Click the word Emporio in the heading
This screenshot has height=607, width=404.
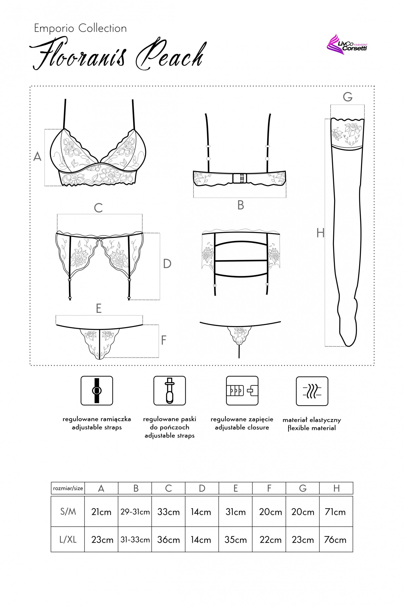pos(54,28)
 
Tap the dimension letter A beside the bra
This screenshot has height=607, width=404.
pos(37,157)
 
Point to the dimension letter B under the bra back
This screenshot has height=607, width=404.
pos(240,205)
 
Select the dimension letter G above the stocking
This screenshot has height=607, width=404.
pos(348,97)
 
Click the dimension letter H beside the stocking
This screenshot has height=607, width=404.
pos(320,233)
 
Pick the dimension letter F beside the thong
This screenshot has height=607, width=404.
pos(163,340)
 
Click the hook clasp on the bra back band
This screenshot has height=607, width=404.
pos(240,178)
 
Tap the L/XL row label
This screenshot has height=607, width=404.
pos(68,540)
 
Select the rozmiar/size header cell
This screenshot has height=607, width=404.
pos(68,488)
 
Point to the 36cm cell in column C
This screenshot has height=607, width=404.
pos(168,540)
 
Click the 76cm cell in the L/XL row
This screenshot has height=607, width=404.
pos(335,540)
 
